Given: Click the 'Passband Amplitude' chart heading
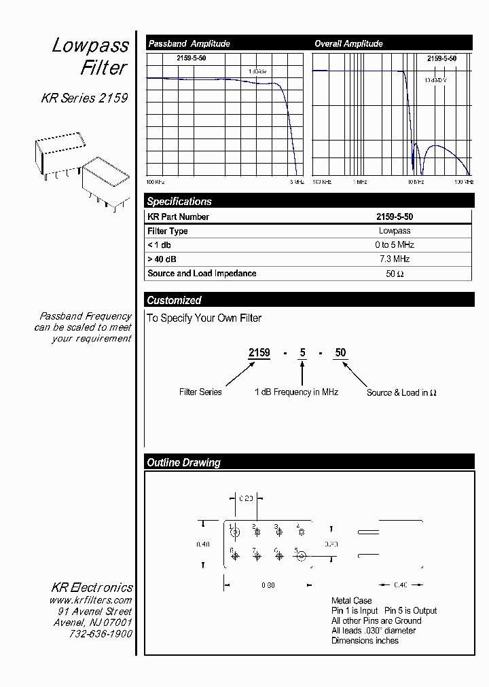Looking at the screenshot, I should tap(189, 43).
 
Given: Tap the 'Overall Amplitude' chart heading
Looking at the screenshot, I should tap(348, 43).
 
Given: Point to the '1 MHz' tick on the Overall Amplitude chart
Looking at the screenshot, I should tap(359, 182).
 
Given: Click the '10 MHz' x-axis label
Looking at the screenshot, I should tap(416, 182).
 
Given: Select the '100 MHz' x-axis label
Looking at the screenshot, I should tap(464, 182).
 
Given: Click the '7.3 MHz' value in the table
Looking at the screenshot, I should tap(394, 259).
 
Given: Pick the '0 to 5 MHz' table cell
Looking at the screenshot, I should tap(394, 244).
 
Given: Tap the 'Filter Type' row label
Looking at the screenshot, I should tap(168, 231).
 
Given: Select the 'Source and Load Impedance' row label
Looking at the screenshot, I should tap(202, 273).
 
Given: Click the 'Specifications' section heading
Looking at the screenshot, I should tap(179, 201).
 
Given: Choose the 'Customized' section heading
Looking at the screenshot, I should tap(174, 300).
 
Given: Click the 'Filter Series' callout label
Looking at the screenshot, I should tap(200, 392).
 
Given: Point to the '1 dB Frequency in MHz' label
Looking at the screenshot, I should tap(296, 392).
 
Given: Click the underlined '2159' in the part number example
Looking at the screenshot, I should tap(259, 352).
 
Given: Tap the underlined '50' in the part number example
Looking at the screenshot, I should tap(340, 352).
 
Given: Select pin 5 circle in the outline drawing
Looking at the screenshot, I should tap(301, 557).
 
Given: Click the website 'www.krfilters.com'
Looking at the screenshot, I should tap(90, 601).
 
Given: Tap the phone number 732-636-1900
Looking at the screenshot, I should tap(101, 633).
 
